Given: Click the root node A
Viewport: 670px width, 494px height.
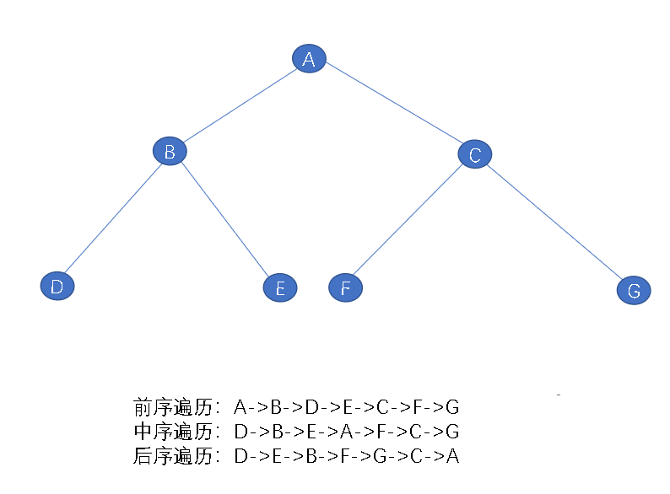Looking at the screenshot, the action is pyautogui.click(x=309, y=59).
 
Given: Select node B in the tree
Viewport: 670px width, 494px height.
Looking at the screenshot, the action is pyautogui.click(x=170, y=152).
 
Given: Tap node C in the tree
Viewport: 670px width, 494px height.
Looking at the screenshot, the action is pyautogui.click(x=475, y=154).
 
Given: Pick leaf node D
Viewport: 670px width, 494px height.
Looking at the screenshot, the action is pyautogui.click(x=57, y=287).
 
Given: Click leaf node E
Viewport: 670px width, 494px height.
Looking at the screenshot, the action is pyautogui.click(x=280, y=289).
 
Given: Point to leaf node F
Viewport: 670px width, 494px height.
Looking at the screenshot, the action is pyautogui.click(x=345, y=288).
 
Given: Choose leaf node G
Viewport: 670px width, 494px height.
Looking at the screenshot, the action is pyautogui.click(x=634, y=291).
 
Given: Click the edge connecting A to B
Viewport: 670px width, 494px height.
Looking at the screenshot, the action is pyautogui.click(x=239, y=105).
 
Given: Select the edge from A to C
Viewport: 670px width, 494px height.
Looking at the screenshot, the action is pyautogui.click(x=392, y=107).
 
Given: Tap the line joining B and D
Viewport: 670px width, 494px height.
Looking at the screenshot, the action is pyautogui.click(x=113, y=219).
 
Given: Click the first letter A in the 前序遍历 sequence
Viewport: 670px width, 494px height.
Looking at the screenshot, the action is pyautogui.click(x=240, y=408).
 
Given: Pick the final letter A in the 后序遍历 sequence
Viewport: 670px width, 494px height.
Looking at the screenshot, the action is pyautogui.click(x=453, y=457).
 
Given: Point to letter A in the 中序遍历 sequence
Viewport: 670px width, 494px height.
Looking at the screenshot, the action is pyautogui.click(x=347, y=432).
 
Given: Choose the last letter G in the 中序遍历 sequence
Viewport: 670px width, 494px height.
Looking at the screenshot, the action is pyautogui.click(x=453, y=432).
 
